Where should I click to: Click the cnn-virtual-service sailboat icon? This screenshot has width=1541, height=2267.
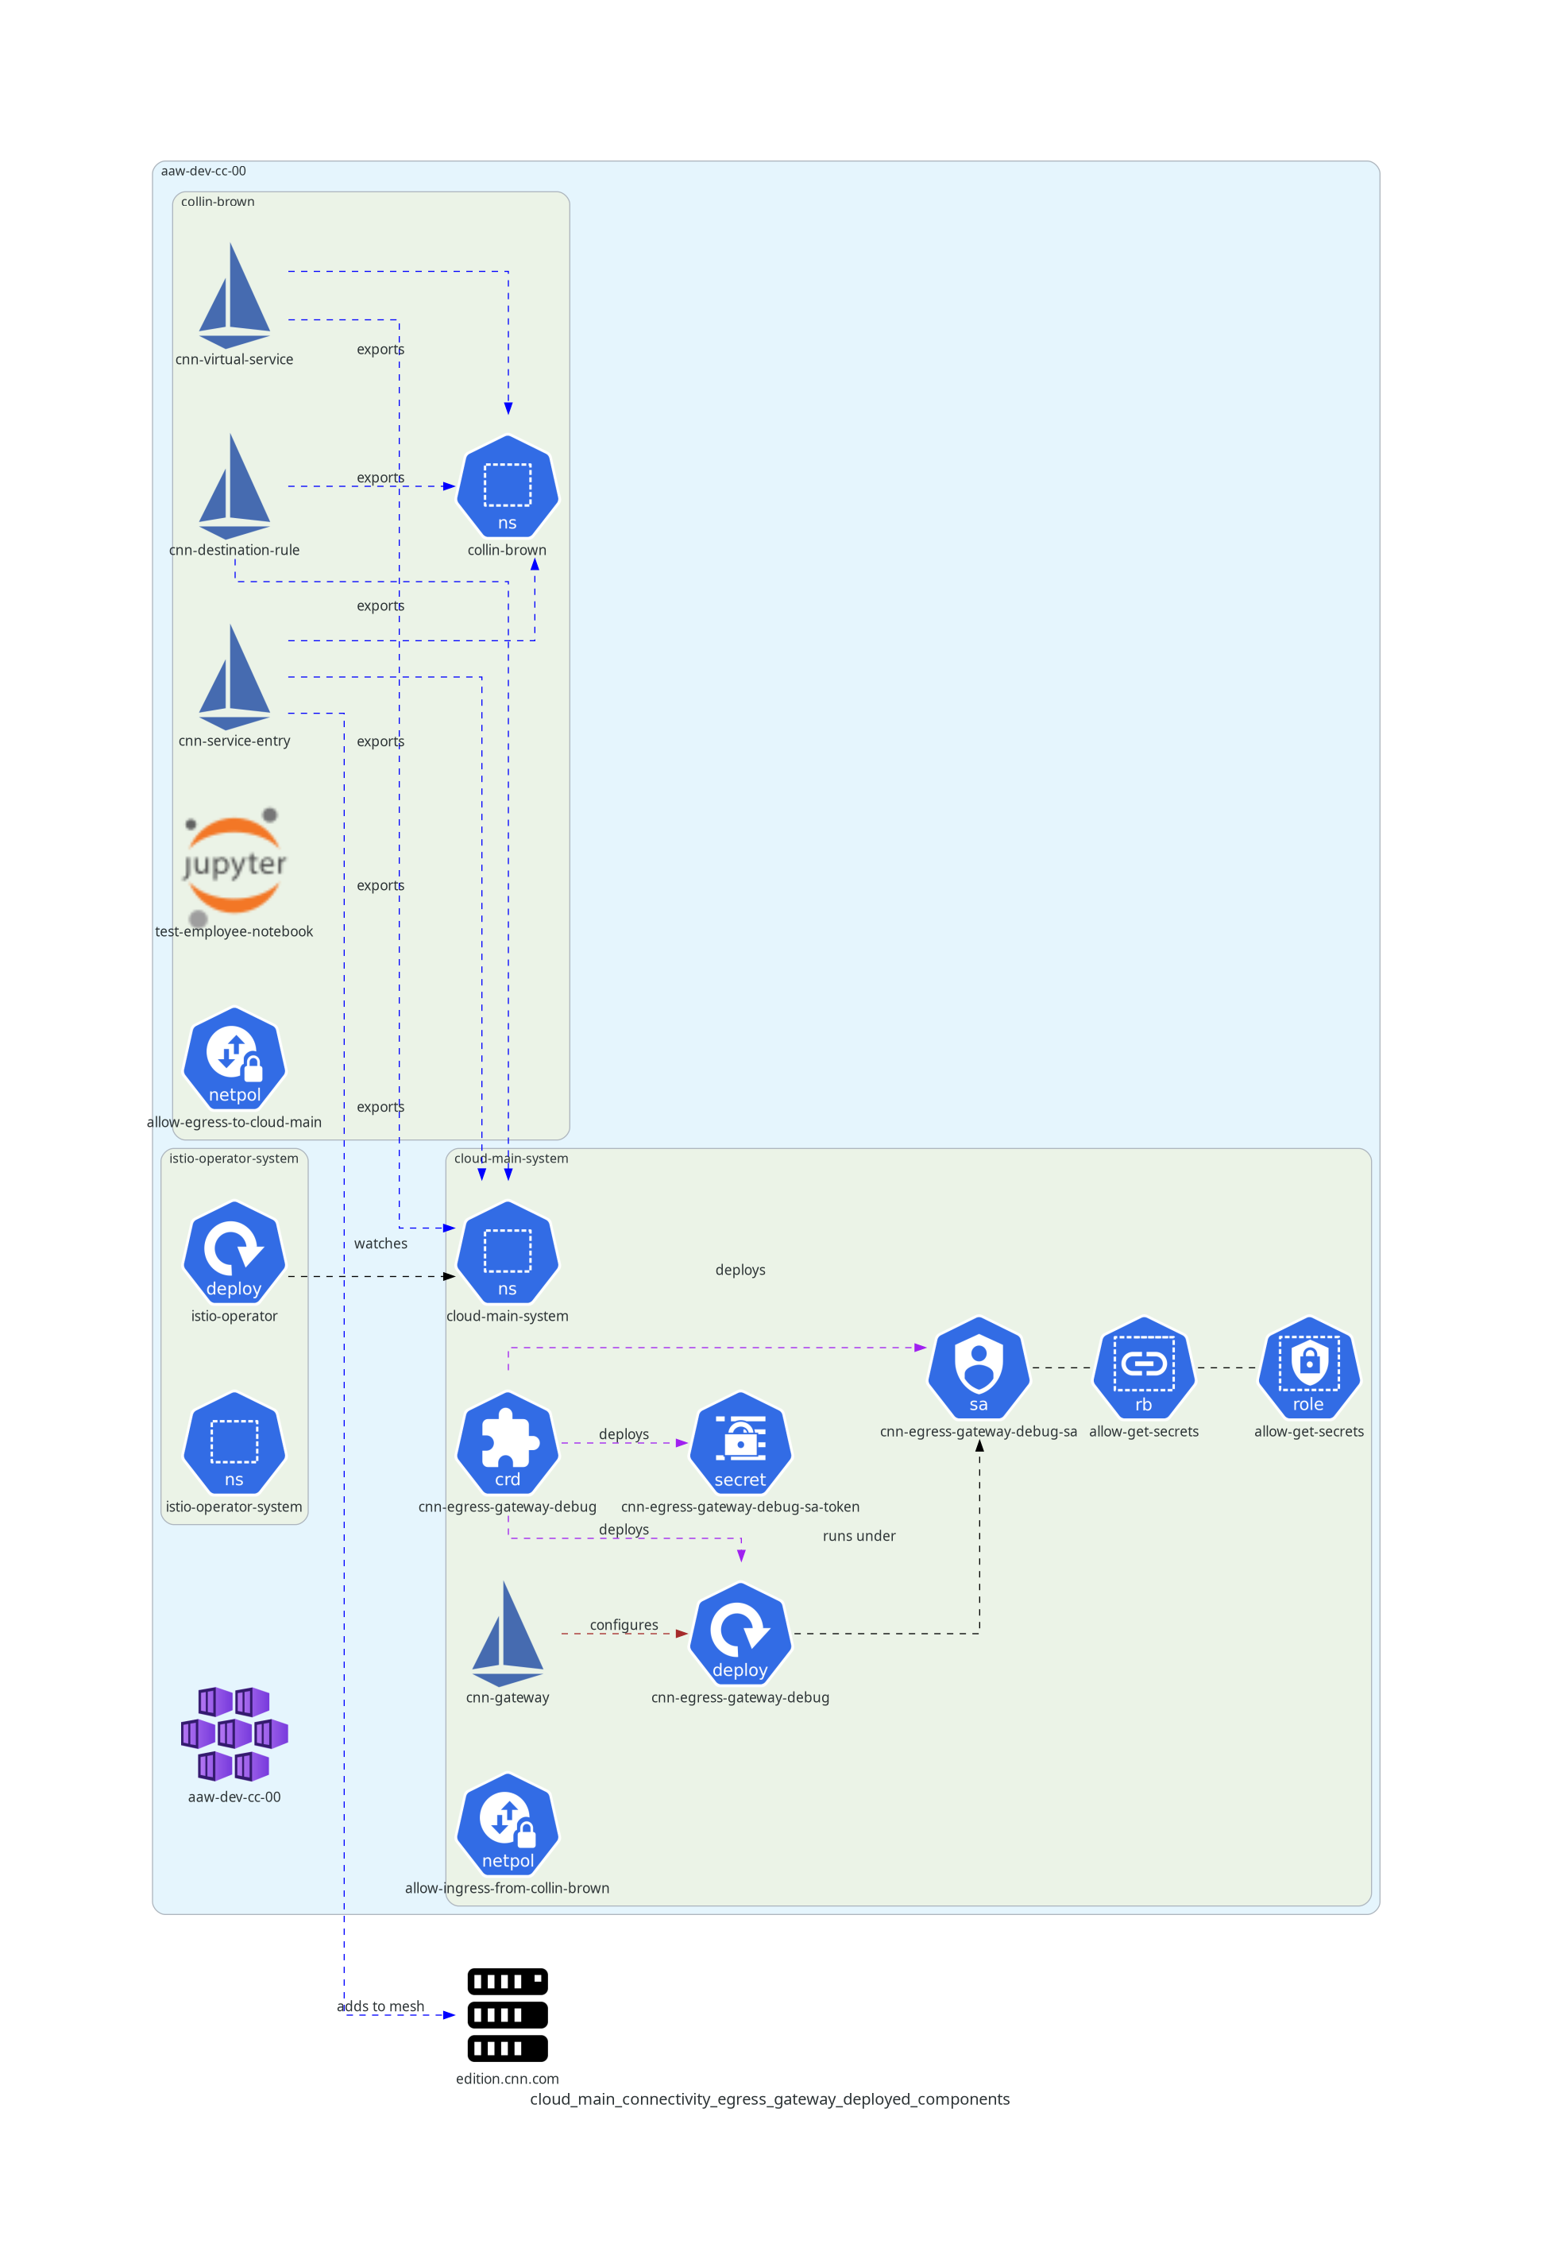tap(234, 296)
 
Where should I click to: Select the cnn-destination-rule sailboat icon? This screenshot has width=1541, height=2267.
tap(234, 487)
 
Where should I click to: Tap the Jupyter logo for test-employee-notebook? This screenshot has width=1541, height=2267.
tap(234, 865)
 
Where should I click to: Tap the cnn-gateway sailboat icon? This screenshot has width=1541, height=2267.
tap(507, 1634)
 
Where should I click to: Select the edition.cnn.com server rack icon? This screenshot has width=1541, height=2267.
tap(507, 2014)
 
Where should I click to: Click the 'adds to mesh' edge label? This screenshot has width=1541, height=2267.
tap(380, 2006)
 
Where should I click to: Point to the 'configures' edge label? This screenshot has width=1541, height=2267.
tap(624, 1625)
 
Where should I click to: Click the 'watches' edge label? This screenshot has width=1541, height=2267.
tap(380, 1244)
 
